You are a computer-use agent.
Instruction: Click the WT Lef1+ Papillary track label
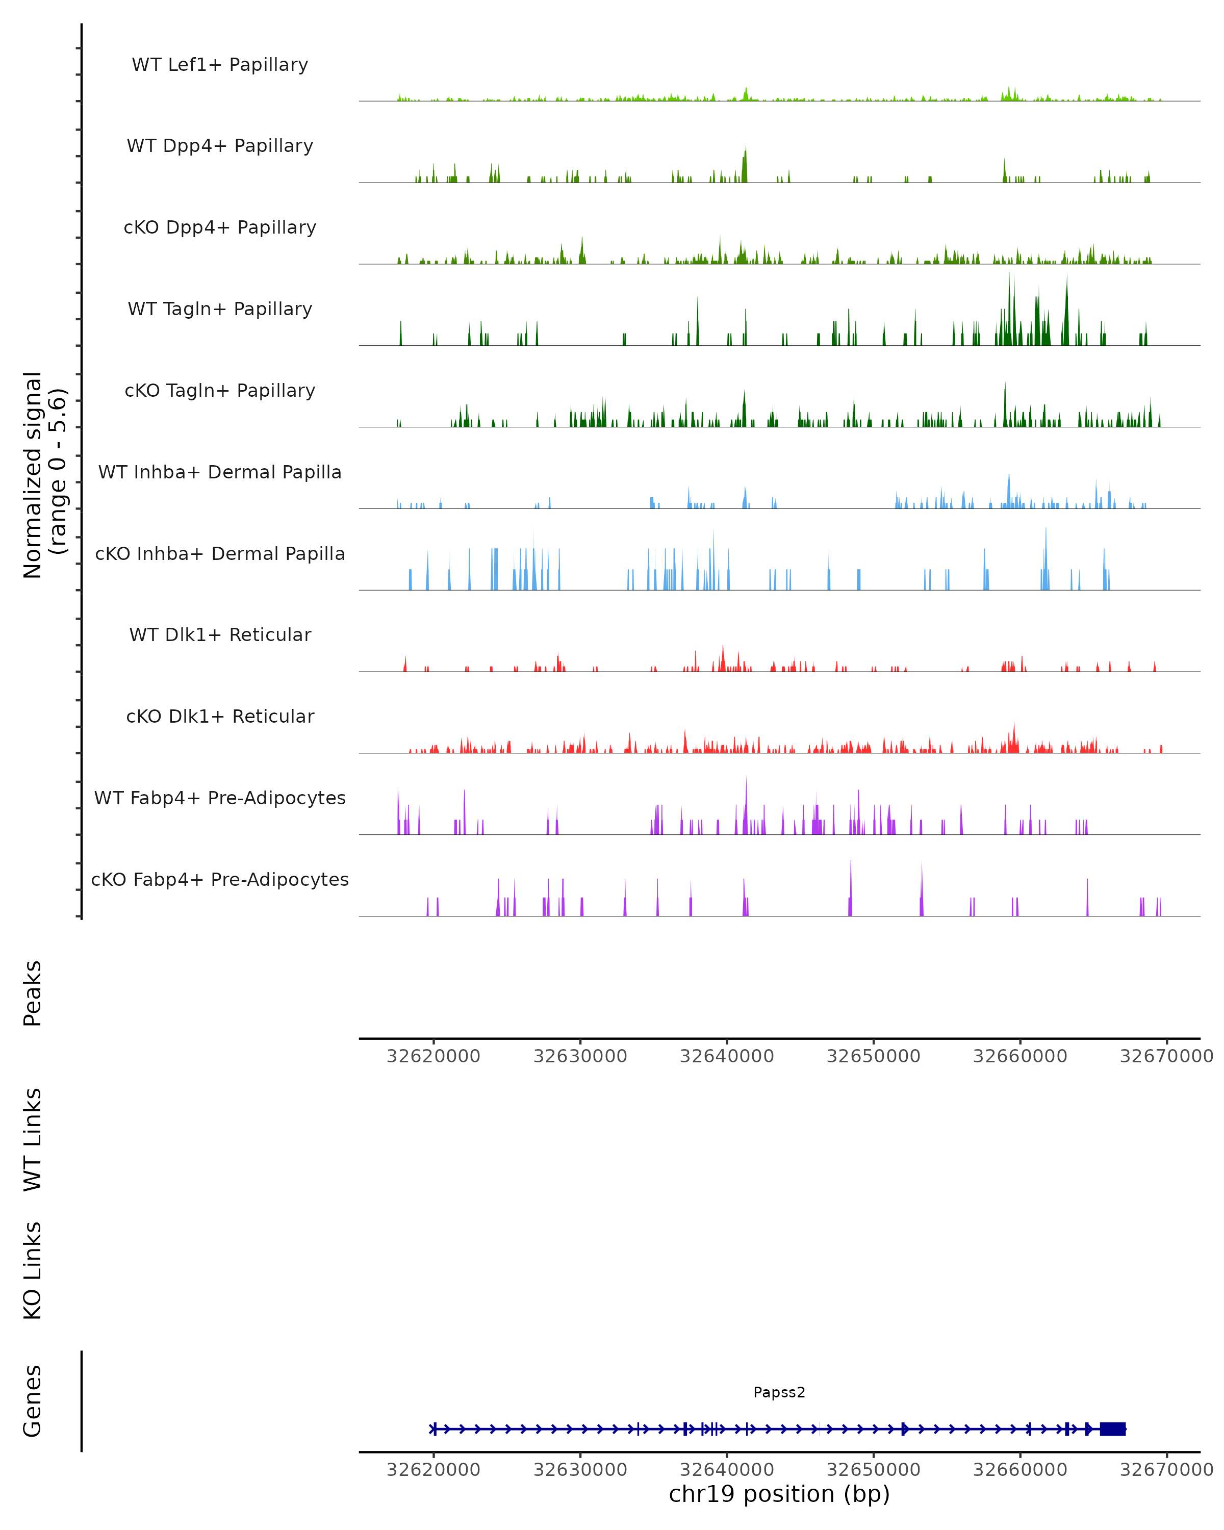220,65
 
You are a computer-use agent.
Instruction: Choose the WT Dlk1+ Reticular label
220,634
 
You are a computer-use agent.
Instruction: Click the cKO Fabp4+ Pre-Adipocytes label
220,879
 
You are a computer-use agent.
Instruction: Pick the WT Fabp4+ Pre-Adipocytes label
220,798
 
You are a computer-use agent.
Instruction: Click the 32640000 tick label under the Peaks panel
727,1056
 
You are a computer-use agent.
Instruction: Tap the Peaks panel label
33,993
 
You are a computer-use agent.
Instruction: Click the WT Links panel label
33,1139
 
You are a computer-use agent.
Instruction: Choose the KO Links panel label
33,1270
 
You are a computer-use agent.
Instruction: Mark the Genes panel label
33,1401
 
